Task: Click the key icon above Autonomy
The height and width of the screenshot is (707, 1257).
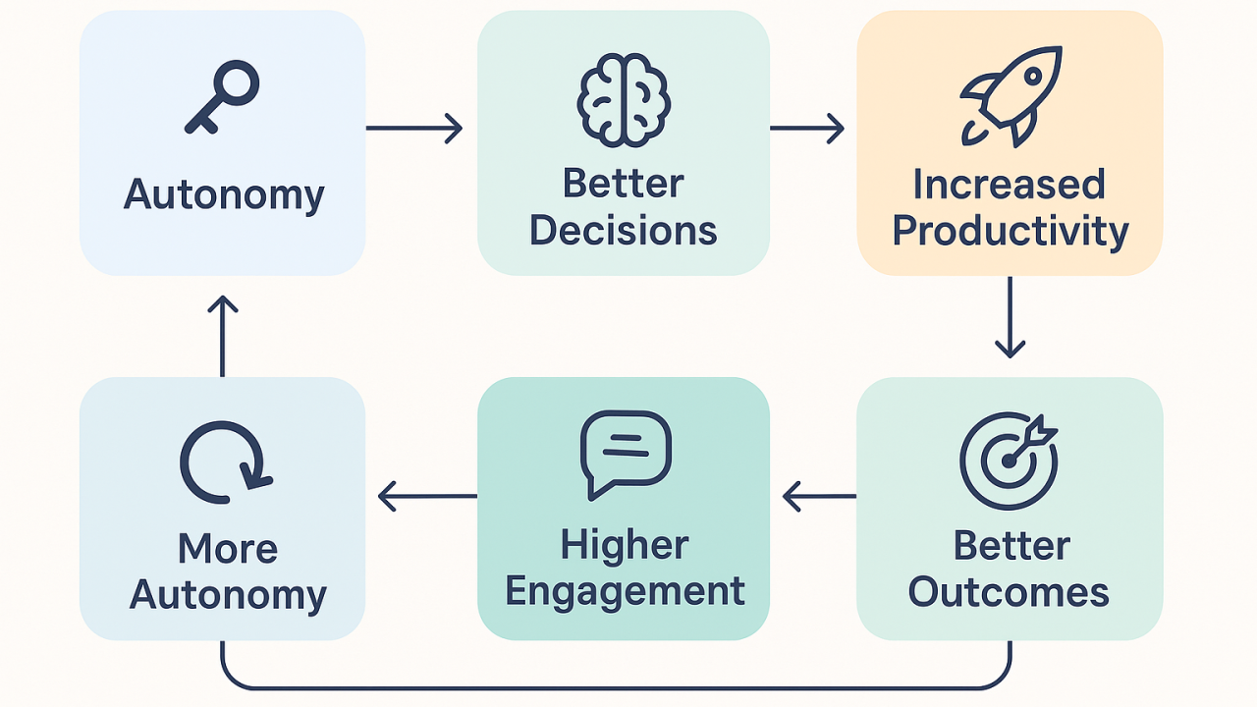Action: (x=223, y=97)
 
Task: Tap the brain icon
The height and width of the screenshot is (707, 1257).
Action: (x=624, y=98)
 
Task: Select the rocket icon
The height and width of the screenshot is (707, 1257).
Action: (x=1011, y=95)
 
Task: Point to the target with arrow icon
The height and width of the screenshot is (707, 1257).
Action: (x=1010, y=461)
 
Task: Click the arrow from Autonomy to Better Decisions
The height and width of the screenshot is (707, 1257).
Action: (x=413, y=128)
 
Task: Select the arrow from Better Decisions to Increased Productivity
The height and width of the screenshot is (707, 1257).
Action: (x=806, y=128)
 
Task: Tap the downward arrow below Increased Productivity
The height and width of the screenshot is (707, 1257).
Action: (x=1010, y=316)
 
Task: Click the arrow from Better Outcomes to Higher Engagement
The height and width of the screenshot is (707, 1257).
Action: (x=819, y=496)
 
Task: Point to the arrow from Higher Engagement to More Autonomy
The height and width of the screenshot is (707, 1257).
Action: (x=427, y=496)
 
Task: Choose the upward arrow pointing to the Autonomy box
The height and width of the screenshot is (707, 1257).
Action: (x=223, y=335)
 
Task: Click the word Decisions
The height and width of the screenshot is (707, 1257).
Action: (x=624, y=231)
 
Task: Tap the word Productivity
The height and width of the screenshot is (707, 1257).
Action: (x=1011, y=233)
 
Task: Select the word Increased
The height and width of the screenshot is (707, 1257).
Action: (x=1010, y=184)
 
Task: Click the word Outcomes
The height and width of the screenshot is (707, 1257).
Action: (x=1010, y=593)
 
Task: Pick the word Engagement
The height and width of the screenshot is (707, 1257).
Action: (x=625, y=593)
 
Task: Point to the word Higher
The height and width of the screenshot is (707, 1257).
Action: (x=625, y=546)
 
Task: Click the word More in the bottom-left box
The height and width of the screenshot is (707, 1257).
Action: (x=227, y=548)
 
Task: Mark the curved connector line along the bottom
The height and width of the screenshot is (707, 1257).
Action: (x=617, y=686)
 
